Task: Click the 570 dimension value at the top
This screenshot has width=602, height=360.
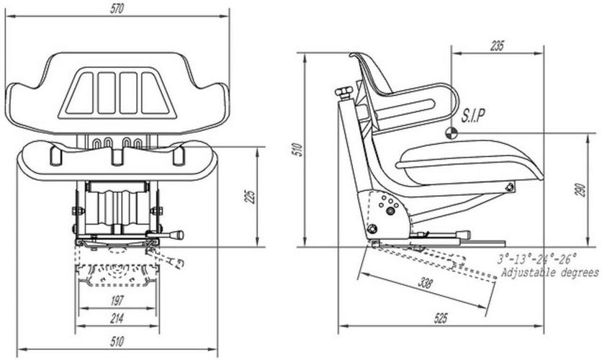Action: [117, 9]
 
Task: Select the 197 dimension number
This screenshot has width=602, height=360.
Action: [117, 300]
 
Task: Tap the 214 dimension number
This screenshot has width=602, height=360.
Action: [117, 318]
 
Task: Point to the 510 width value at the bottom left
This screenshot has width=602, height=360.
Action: [117, 341]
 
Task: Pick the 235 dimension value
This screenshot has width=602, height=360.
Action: [497, 46]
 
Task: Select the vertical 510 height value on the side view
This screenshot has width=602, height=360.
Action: [297, 150]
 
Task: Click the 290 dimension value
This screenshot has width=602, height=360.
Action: [581, 190]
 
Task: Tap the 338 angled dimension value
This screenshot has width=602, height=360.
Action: [424, 283]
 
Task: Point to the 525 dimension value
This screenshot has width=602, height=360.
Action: [441, 318]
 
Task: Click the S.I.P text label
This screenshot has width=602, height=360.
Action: [472, 115]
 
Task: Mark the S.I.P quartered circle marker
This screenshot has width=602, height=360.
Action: [451, 134]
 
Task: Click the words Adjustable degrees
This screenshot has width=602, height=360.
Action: [550, 273]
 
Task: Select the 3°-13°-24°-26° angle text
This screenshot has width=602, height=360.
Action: [537, 258]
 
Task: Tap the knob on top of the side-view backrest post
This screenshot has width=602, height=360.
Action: [344, 91]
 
